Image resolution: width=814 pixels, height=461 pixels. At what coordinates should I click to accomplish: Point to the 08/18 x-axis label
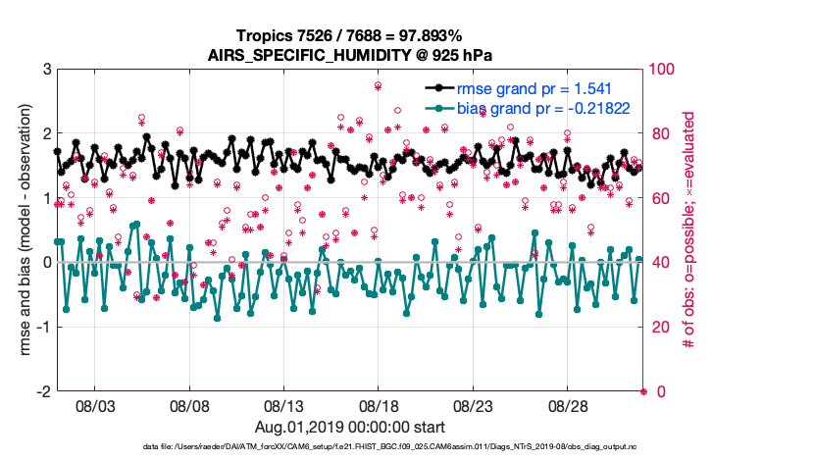pos(380,405)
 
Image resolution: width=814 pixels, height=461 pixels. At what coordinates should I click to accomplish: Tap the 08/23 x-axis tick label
pos(474,405)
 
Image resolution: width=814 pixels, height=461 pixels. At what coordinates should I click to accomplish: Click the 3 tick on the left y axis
pos(46,70)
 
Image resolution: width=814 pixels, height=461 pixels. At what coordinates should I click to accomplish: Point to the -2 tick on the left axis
pos(44,391)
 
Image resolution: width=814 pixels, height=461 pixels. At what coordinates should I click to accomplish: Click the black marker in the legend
pos(437,88)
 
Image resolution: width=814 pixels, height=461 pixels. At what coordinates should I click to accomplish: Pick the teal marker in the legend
pos(437,109)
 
